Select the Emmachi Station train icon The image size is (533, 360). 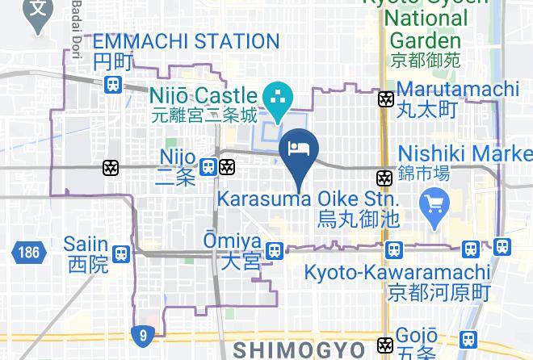click(114, 83)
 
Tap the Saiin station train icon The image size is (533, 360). click(121, 253)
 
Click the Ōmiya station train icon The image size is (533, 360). click(275, 251)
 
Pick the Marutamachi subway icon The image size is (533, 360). click(387, 99)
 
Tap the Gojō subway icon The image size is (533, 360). click(387, 344)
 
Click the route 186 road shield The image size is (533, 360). click(26, 253)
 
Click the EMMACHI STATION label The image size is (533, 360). click(187, 41)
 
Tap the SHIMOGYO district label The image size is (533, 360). click(300, 350)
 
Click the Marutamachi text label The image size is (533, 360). click(457, 88)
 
